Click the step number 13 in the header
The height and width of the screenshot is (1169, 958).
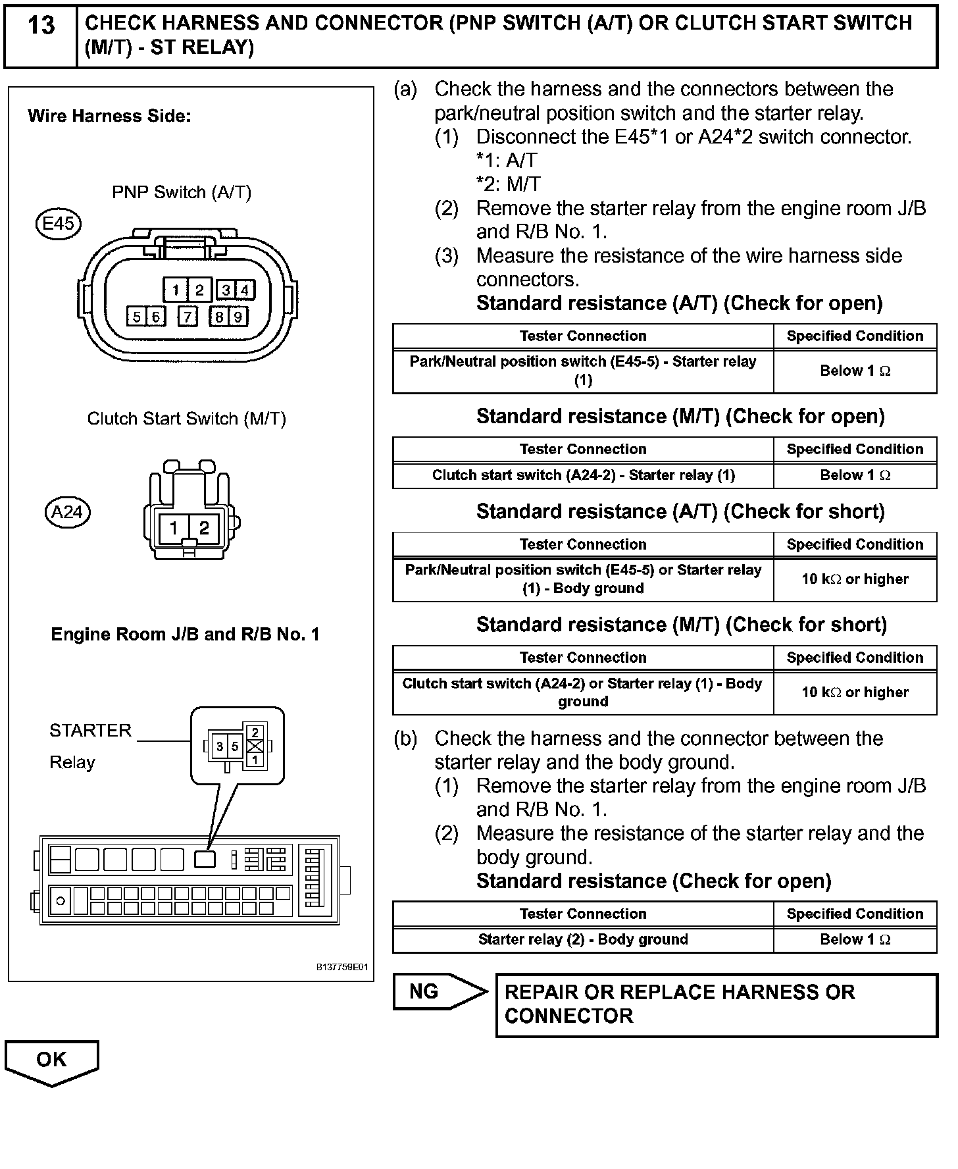[41, 26]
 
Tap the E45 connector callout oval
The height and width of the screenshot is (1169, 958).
[58, 224]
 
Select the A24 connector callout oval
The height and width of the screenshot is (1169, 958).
[67, 512]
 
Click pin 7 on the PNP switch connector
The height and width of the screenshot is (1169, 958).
[188, 317]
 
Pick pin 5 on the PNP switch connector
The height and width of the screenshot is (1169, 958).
[136, 317]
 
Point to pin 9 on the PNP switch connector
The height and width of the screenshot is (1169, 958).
[238, 317]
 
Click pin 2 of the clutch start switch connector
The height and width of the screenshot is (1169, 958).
[204, 528]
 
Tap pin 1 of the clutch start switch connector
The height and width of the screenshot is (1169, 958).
[174, 528]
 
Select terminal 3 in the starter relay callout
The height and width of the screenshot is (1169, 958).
[220, 747]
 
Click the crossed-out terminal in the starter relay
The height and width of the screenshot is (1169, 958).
[255, 746]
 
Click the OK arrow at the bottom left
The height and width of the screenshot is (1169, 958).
[51, 1061]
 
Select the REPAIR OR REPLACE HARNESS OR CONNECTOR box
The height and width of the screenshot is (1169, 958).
[716, 1004]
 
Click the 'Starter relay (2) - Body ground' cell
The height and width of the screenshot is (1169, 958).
[583, 939]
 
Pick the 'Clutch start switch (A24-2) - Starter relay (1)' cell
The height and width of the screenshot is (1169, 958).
[583, 475]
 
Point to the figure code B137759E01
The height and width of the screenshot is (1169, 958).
[342, 968]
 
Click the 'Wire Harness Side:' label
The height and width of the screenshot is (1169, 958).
[109, 117]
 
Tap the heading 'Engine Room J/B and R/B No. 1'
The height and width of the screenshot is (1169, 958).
[185, 635]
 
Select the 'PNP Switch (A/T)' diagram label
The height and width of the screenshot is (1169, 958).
[182, 192]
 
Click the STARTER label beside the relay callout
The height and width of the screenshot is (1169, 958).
[91, 731]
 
